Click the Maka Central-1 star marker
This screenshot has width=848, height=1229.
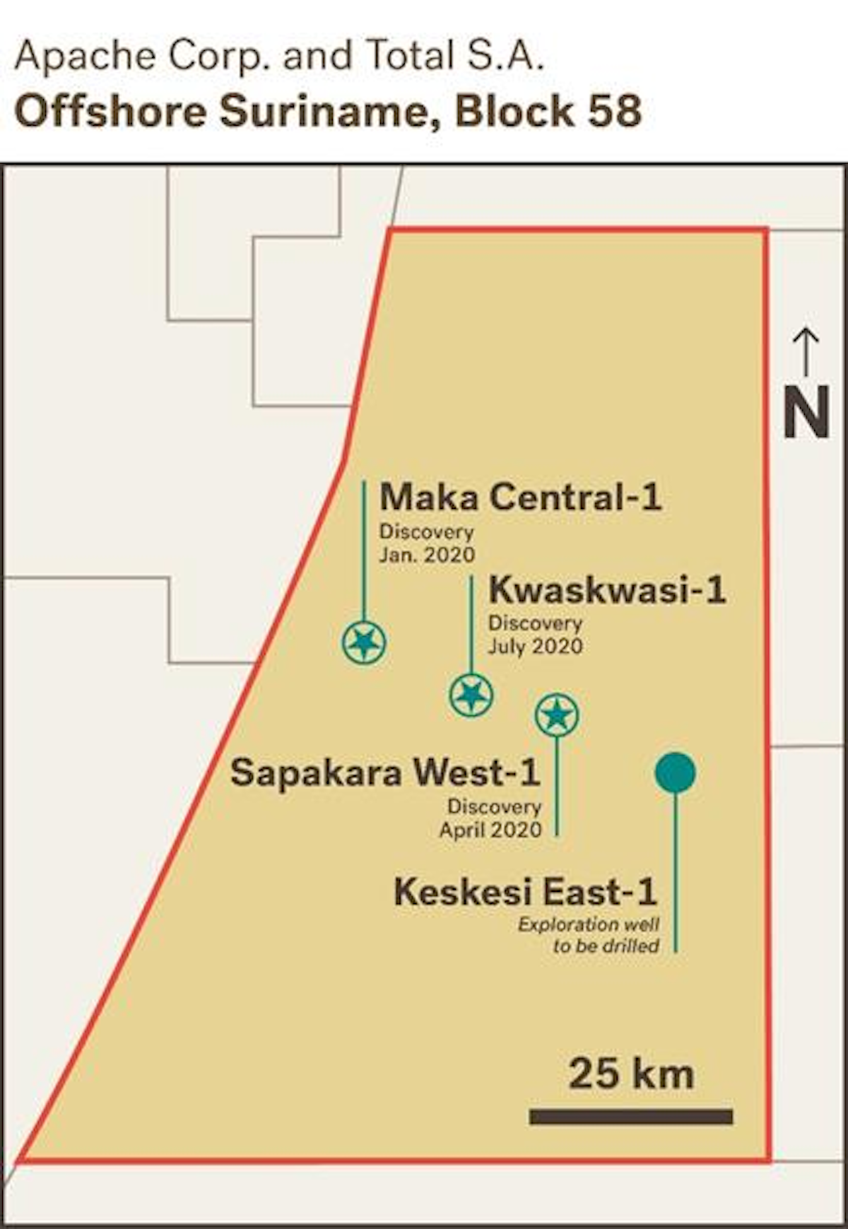[364, 642]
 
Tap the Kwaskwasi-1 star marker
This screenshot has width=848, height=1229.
[471, 695]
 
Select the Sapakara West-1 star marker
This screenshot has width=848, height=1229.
[557, 715]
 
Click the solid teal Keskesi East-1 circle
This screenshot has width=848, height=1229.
[675, 772]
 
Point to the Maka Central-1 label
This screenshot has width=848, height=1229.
[520, 497]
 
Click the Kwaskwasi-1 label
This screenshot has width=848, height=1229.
[607, 589]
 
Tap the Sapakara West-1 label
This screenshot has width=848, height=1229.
[385, 772]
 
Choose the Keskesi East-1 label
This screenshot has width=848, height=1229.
[525, 892]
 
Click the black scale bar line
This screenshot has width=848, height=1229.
[631, 1117]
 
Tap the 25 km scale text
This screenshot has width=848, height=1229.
[631, 1074]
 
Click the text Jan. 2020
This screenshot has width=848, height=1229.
[427, 555]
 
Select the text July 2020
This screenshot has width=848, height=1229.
[535, 646]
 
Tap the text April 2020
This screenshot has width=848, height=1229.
[490, 830]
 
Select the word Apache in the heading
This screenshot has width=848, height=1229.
[86, 56]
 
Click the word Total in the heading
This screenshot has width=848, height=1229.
[410, 56]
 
